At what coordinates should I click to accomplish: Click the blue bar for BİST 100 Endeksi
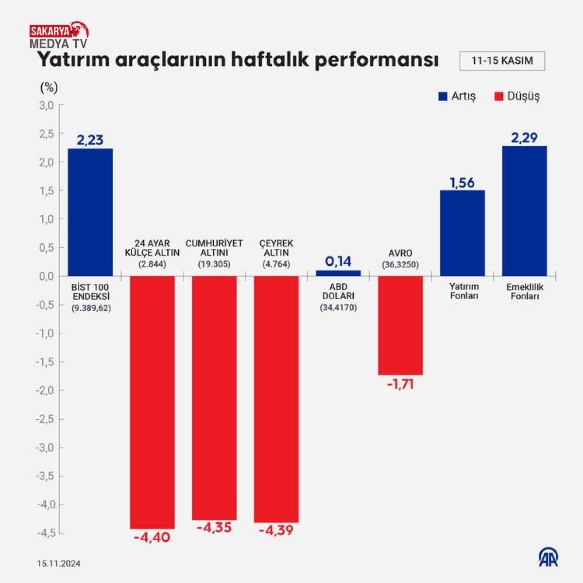click(90, 212)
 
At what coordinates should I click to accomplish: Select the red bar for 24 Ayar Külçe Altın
click(152, 402)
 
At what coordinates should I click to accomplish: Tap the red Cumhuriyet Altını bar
click(214, 397)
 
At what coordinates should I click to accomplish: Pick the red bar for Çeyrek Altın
click(276, 399)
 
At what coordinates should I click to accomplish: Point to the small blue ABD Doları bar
click(338, 273)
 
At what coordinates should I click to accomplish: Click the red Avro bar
click(400, 325)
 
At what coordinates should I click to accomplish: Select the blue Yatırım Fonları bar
click(463, 233)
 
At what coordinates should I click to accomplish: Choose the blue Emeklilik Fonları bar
click(524, 211)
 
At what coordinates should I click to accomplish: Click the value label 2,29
click(524, 138)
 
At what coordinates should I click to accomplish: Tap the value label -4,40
click(152, 537)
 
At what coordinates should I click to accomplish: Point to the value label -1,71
click(400, 384)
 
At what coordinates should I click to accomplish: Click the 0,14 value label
click(338, 261)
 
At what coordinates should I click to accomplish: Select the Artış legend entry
click(457, 96)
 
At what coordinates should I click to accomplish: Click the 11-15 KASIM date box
click(502, 61)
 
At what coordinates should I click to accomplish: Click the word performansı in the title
click(377, 61)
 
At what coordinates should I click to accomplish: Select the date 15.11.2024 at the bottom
click(59, 564)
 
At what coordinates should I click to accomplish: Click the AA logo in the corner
click(548, 557)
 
